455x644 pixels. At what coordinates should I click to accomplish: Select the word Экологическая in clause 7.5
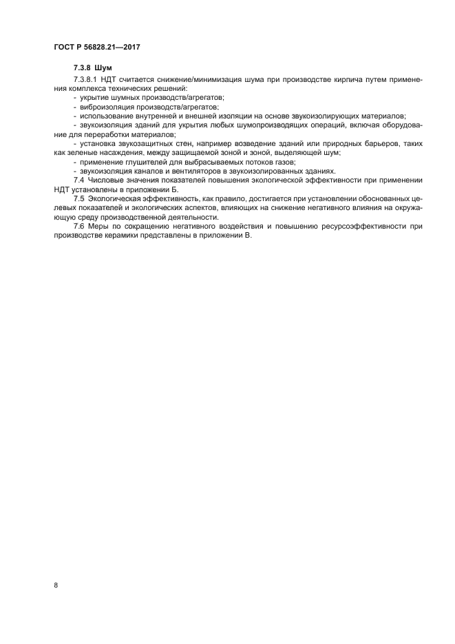118,198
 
